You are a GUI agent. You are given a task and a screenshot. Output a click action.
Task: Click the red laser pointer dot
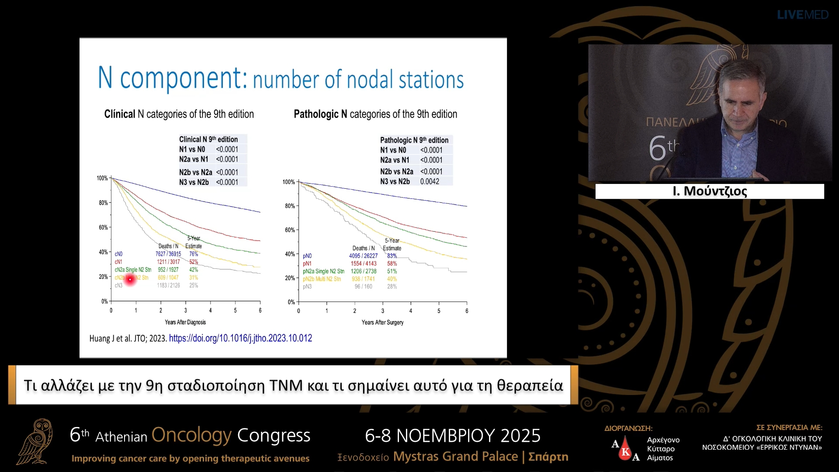point(130,279)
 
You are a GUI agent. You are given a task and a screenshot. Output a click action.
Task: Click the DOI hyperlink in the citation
point(240,338)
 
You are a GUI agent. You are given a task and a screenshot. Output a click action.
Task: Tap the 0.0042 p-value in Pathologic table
point(430,181)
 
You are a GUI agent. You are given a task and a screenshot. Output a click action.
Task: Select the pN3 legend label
point(307,287)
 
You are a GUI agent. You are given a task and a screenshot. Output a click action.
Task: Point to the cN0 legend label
point(118,254)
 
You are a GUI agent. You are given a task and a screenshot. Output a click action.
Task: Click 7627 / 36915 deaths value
point(168,254)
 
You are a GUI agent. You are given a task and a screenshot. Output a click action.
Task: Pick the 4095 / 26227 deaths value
point(363,256)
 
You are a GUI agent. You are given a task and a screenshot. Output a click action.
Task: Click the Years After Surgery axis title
point(382,323)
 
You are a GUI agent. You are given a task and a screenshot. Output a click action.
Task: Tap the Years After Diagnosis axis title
point(185,323)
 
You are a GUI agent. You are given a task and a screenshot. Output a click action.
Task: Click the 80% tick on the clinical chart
point(103,203)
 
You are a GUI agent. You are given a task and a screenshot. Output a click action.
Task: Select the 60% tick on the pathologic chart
point(290,230)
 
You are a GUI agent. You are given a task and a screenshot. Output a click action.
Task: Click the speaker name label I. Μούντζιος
point(710,191)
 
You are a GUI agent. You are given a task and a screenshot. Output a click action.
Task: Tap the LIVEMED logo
point(802,15)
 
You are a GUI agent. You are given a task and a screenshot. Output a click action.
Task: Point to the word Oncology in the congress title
point(191,435)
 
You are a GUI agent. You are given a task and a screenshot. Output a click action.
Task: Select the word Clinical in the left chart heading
point(120,114)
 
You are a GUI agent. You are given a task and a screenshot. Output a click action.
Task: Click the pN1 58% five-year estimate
point(392,264)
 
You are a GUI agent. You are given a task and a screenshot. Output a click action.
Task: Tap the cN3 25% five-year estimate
point(194,285)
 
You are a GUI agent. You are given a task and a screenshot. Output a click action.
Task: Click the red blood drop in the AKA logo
point(626,451)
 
